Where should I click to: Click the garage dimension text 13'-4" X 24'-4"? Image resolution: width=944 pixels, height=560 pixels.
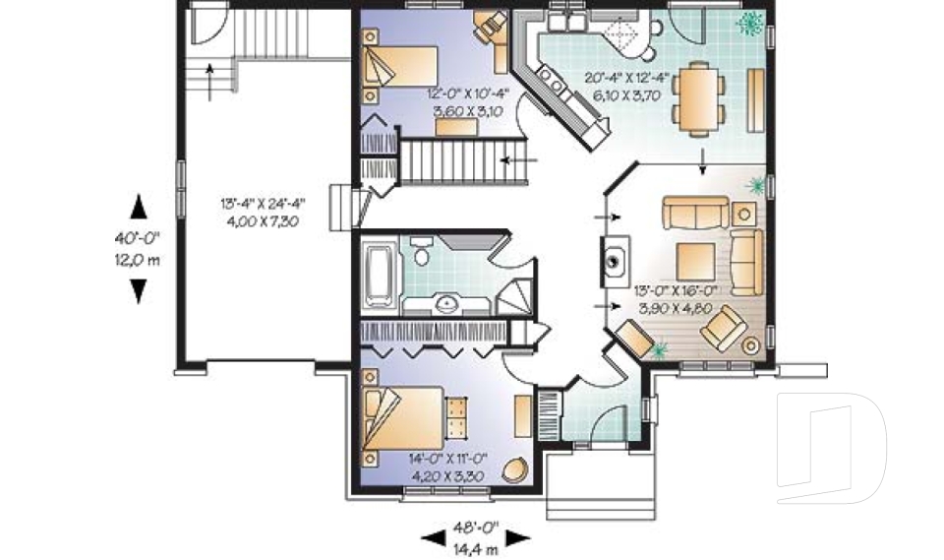(x=263, y=205)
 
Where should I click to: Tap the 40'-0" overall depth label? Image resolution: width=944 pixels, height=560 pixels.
(x=138, y=239)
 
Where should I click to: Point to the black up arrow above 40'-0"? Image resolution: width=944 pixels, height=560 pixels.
(x=139, y=205)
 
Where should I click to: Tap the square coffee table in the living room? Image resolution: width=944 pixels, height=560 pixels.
(x=697, y=259)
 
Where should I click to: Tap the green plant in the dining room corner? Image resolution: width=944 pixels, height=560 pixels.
(x=754, y=22)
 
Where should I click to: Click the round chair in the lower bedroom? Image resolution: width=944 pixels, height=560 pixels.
(x=513, y=469)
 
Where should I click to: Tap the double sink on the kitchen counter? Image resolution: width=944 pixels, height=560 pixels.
(x=569, y=21)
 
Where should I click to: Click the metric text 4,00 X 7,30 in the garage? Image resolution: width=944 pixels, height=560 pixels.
(x=263, y=222)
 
